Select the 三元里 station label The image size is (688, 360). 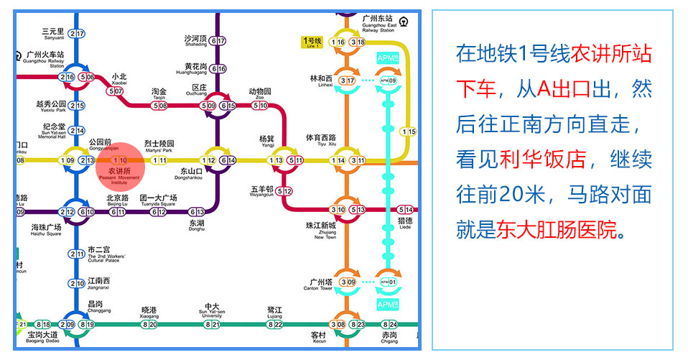53,32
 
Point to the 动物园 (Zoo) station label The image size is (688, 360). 260,92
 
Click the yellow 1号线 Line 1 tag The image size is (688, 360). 313,42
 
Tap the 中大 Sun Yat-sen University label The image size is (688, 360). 211,308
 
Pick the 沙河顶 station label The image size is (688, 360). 195,39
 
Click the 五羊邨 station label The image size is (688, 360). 261,190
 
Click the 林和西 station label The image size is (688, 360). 321,78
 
